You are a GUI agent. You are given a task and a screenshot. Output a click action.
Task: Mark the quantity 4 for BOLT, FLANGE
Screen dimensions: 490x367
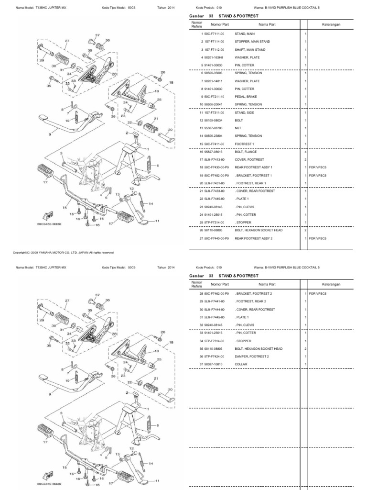tap(305, 151)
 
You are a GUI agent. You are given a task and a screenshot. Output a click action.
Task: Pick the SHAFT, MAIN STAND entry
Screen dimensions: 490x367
tap(250, 50)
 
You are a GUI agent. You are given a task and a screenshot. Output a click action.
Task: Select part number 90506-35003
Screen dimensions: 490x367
tap(214, 73)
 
